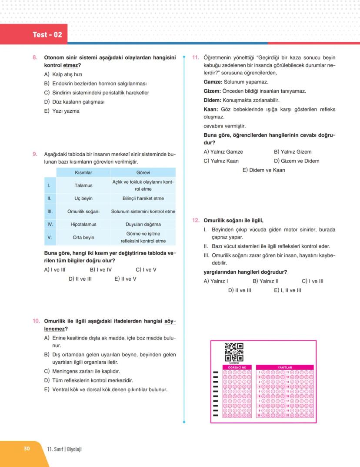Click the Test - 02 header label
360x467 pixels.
point(47,34)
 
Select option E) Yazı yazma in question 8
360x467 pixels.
point(62,111)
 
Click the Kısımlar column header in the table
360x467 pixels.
point(83,173)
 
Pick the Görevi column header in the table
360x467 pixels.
point(143,173)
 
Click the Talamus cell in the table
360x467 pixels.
point(83,185)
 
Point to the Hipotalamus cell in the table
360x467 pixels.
point(83,225)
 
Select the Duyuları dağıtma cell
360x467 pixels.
point(143,225)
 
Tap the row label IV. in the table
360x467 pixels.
point(50,225)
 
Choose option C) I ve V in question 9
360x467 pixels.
point(146,270)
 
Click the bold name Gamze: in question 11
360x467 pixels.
point(213,82)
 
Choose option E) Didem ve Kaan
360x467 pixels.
point(263,170)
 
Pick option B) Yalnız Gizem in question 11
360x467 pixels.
point(293,152)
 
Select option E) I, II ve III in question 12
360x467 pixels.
point(287,290)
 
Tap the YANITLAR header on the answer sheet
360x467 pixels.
point(285,367)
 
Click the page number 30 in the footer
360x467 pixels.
point(27,449)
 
